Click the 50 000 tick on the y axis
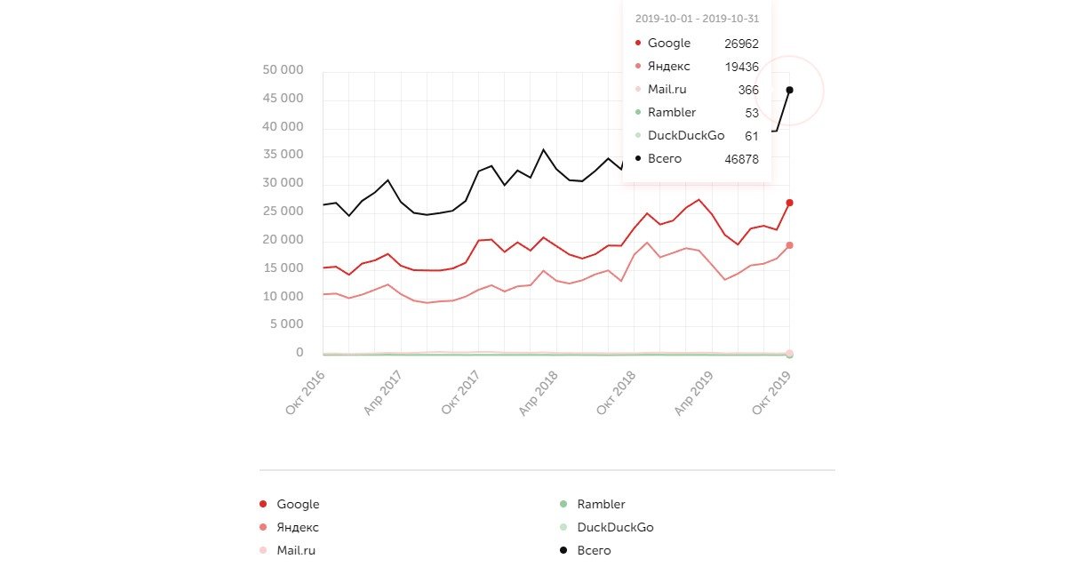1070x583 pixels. click(x=284, y=70)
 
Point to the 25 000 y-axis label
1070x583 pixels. click(x=284, y=212)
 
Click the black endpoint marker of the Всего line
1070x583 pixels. click(x=789, y=90)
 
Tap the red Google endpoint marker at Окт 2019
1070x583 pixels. click(x=789, y=203)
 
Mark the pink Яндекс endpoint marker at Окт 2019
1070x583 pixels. click(x=789, y=245)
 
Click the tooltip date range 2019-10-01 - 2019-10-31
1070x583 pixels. click(x=697, y=19)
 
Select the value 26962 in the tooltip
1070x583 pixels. click(x=742, y=44)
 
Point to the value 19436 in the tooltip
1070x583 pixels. click(x=742, y=67)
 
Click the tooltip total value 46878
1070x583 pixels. click(x=742, y=159)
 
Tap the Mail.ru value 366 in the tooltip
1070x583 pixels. click(x=748, y=90)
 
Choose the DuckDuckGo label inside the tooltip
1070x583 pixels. click(x=686, y=136)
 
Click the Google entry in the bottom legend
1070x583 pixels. click(x=298, y=505)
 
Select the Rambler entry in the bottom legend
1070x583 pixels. click(x=601, y=505)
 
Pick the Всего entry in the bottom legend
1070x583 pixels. click(x=594, y=551)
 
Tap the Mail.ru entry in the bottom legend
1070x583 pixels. click(x=296, y=551)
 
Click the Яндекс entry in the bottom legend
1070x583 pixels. click(x=298, y=528)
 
